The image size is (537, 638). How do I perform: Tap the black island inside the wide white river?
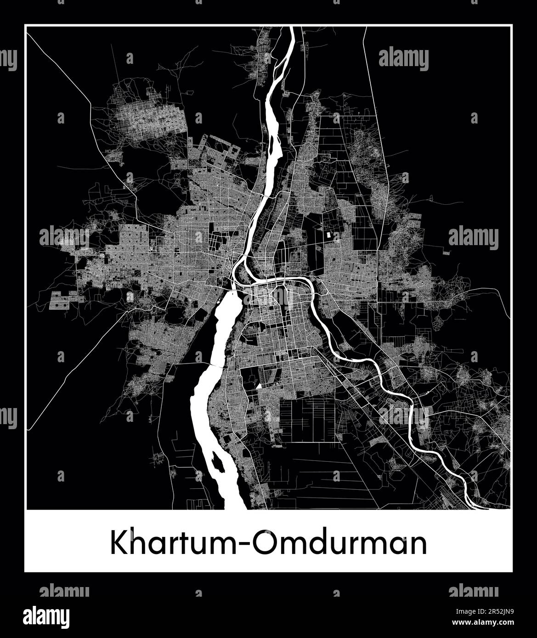coord(218,461)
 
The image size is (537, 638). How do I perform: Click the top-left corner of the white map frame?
coord(26,27)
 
